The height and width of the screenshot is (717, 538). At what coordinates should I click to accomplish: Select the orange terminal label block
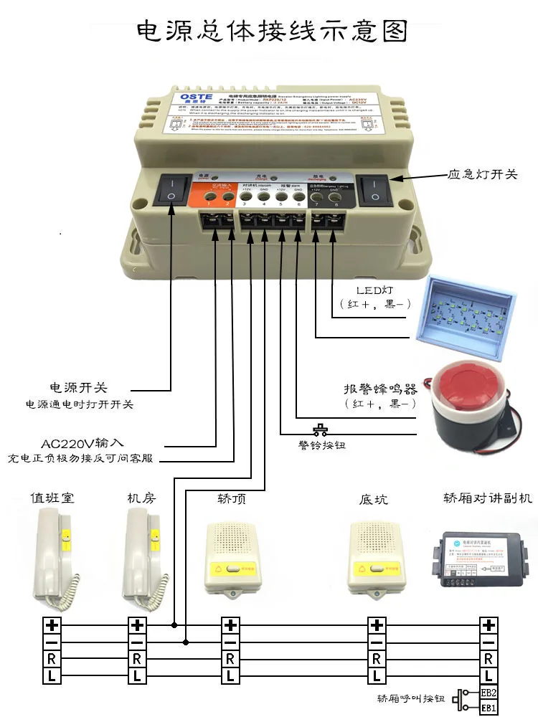tap(219, 194)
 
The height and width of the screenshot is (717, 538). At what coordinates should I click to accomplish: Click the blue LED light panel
tap(471, 308)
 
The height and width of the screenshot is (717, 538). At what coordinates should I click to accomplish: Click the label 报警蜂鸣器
tap(380, 389)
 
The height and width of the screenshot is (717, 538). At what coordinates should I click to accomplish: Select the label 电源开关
tap(78, 387)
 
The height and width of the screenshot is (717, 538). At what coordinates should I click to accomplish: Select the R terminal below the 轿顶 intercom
tap(230, 658)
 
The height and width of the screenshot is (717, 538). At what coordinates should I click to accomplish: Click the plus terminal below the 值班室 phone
tap(52, 625)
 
